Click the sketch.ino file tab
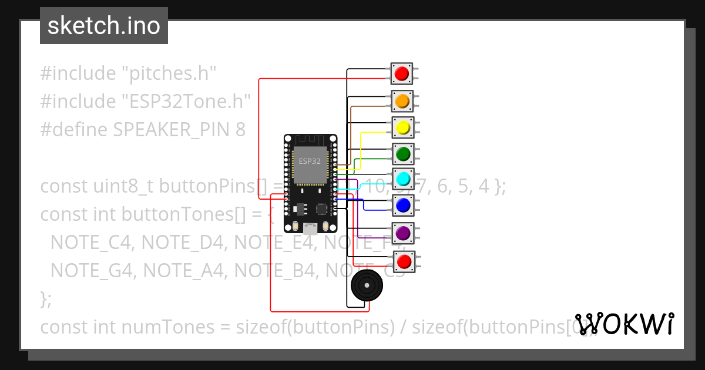[x=104, y=26]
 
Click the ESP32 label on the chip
[x=310, y=161]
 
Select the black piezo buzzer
[x=367, y=286]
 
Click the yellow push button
[x=402, y=127]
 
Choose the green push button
[x=403, y=154]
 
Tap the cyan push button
[x=403, y=179]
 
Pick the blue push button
[x=403, y=205]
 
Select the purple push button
[x=403, y=233]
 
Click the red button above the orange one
[x=402, y=73]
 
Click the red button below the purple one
[x=404, y=261]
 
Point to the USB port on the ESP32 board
[x=309, y=228]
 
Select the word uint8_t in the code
[x=123, y=187]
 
